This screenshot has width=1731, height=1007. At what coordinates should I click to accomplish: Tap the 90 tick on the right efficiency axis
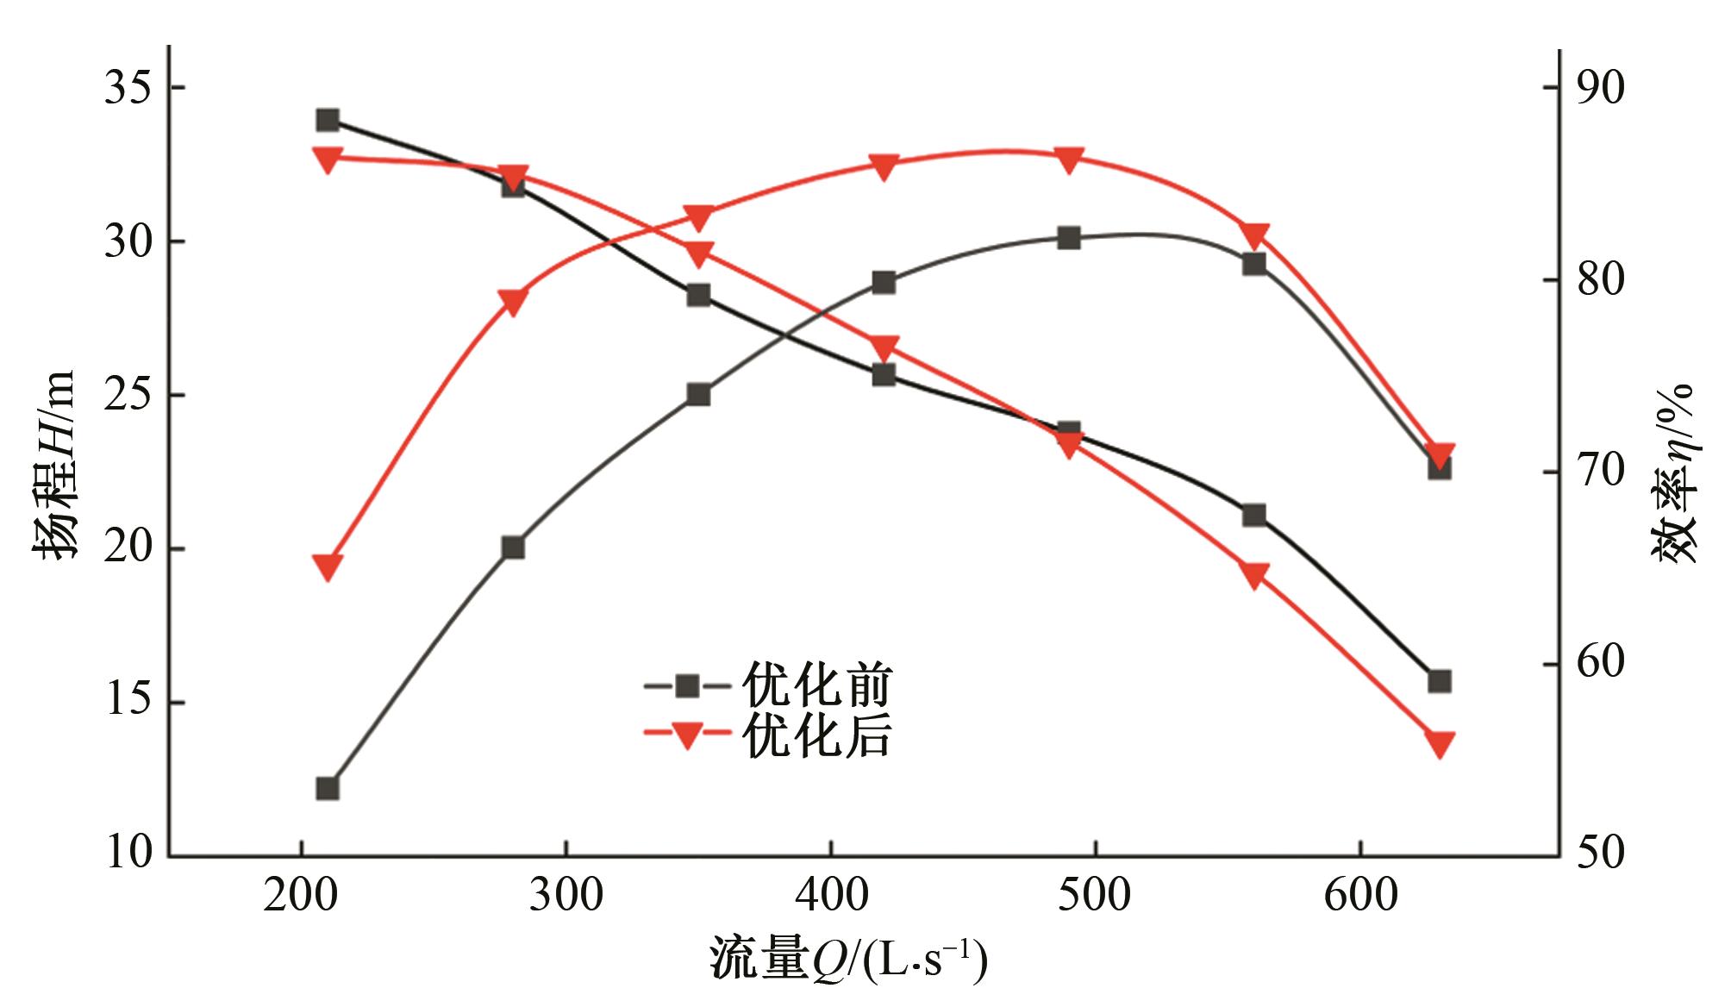1600,89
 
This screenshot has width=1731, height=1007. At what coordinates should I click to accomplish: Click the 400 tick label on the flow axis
831,895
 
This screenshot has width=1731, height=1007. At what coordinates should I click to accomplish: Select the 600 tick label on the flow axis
1360,895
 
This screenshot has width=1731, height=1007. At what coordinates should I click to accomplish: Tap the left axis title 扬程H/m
57,466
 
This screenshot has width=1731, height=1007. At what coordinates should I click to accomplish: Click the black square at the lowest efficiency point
328,789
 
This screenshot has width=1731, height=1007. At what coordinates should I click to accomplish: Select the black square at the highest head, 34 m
328,120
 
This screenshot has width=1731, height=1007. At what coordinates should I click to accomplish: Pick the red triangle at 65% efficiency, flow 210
328,567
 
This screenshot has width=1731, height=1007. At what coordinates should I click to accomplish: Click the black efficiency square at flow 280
513,547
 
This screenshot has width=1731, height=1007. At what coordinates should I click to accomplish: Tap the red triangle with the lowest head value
1439,743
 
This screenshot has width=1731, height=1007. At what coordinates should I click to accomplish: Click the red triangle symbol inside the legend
687,736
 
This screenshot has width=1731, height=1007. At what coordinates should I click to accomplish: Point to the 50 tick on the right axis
1600,854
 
